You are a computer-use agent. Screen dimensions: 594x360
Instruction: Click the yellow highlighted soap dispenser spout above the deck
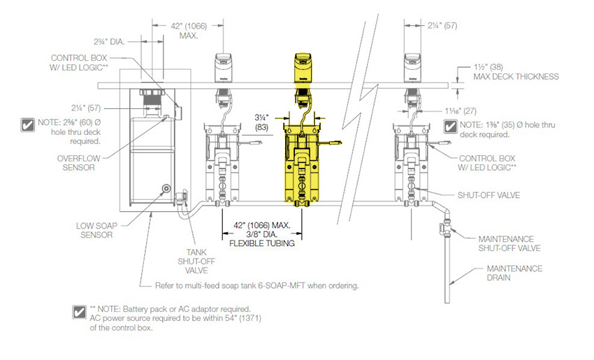click(x=303, y=67)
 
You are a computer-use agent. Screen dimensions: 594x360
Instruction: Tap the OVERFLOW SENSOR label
click(x=79, y=163)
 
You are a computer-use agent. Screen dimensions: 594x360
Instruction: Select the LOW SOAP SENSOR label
click(x=96, y=230)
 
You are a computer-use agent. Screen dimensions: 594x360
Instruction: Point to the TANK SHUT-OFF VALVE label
click(x=196, y=261)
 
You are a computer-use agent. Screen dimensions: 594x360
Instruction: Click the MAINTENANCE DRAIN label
click(x=514, y=273)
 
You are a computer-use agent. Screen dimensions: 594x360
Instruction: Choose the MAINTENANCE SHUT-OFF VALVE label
click(x=509, y=244)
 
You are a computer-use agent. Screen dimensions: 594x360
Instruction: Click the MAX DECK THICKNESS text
click(x=516, y=77)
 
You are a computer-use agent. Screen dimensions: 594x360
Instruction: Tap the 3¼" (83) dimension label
click(x=261, y=122)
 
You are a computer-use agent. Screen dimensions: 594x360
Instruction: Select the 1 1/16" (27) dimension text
click(x=461, y=111)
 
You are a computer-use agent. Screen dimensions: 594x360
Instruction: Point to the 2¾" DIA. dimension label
click(x=109, y=42)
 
